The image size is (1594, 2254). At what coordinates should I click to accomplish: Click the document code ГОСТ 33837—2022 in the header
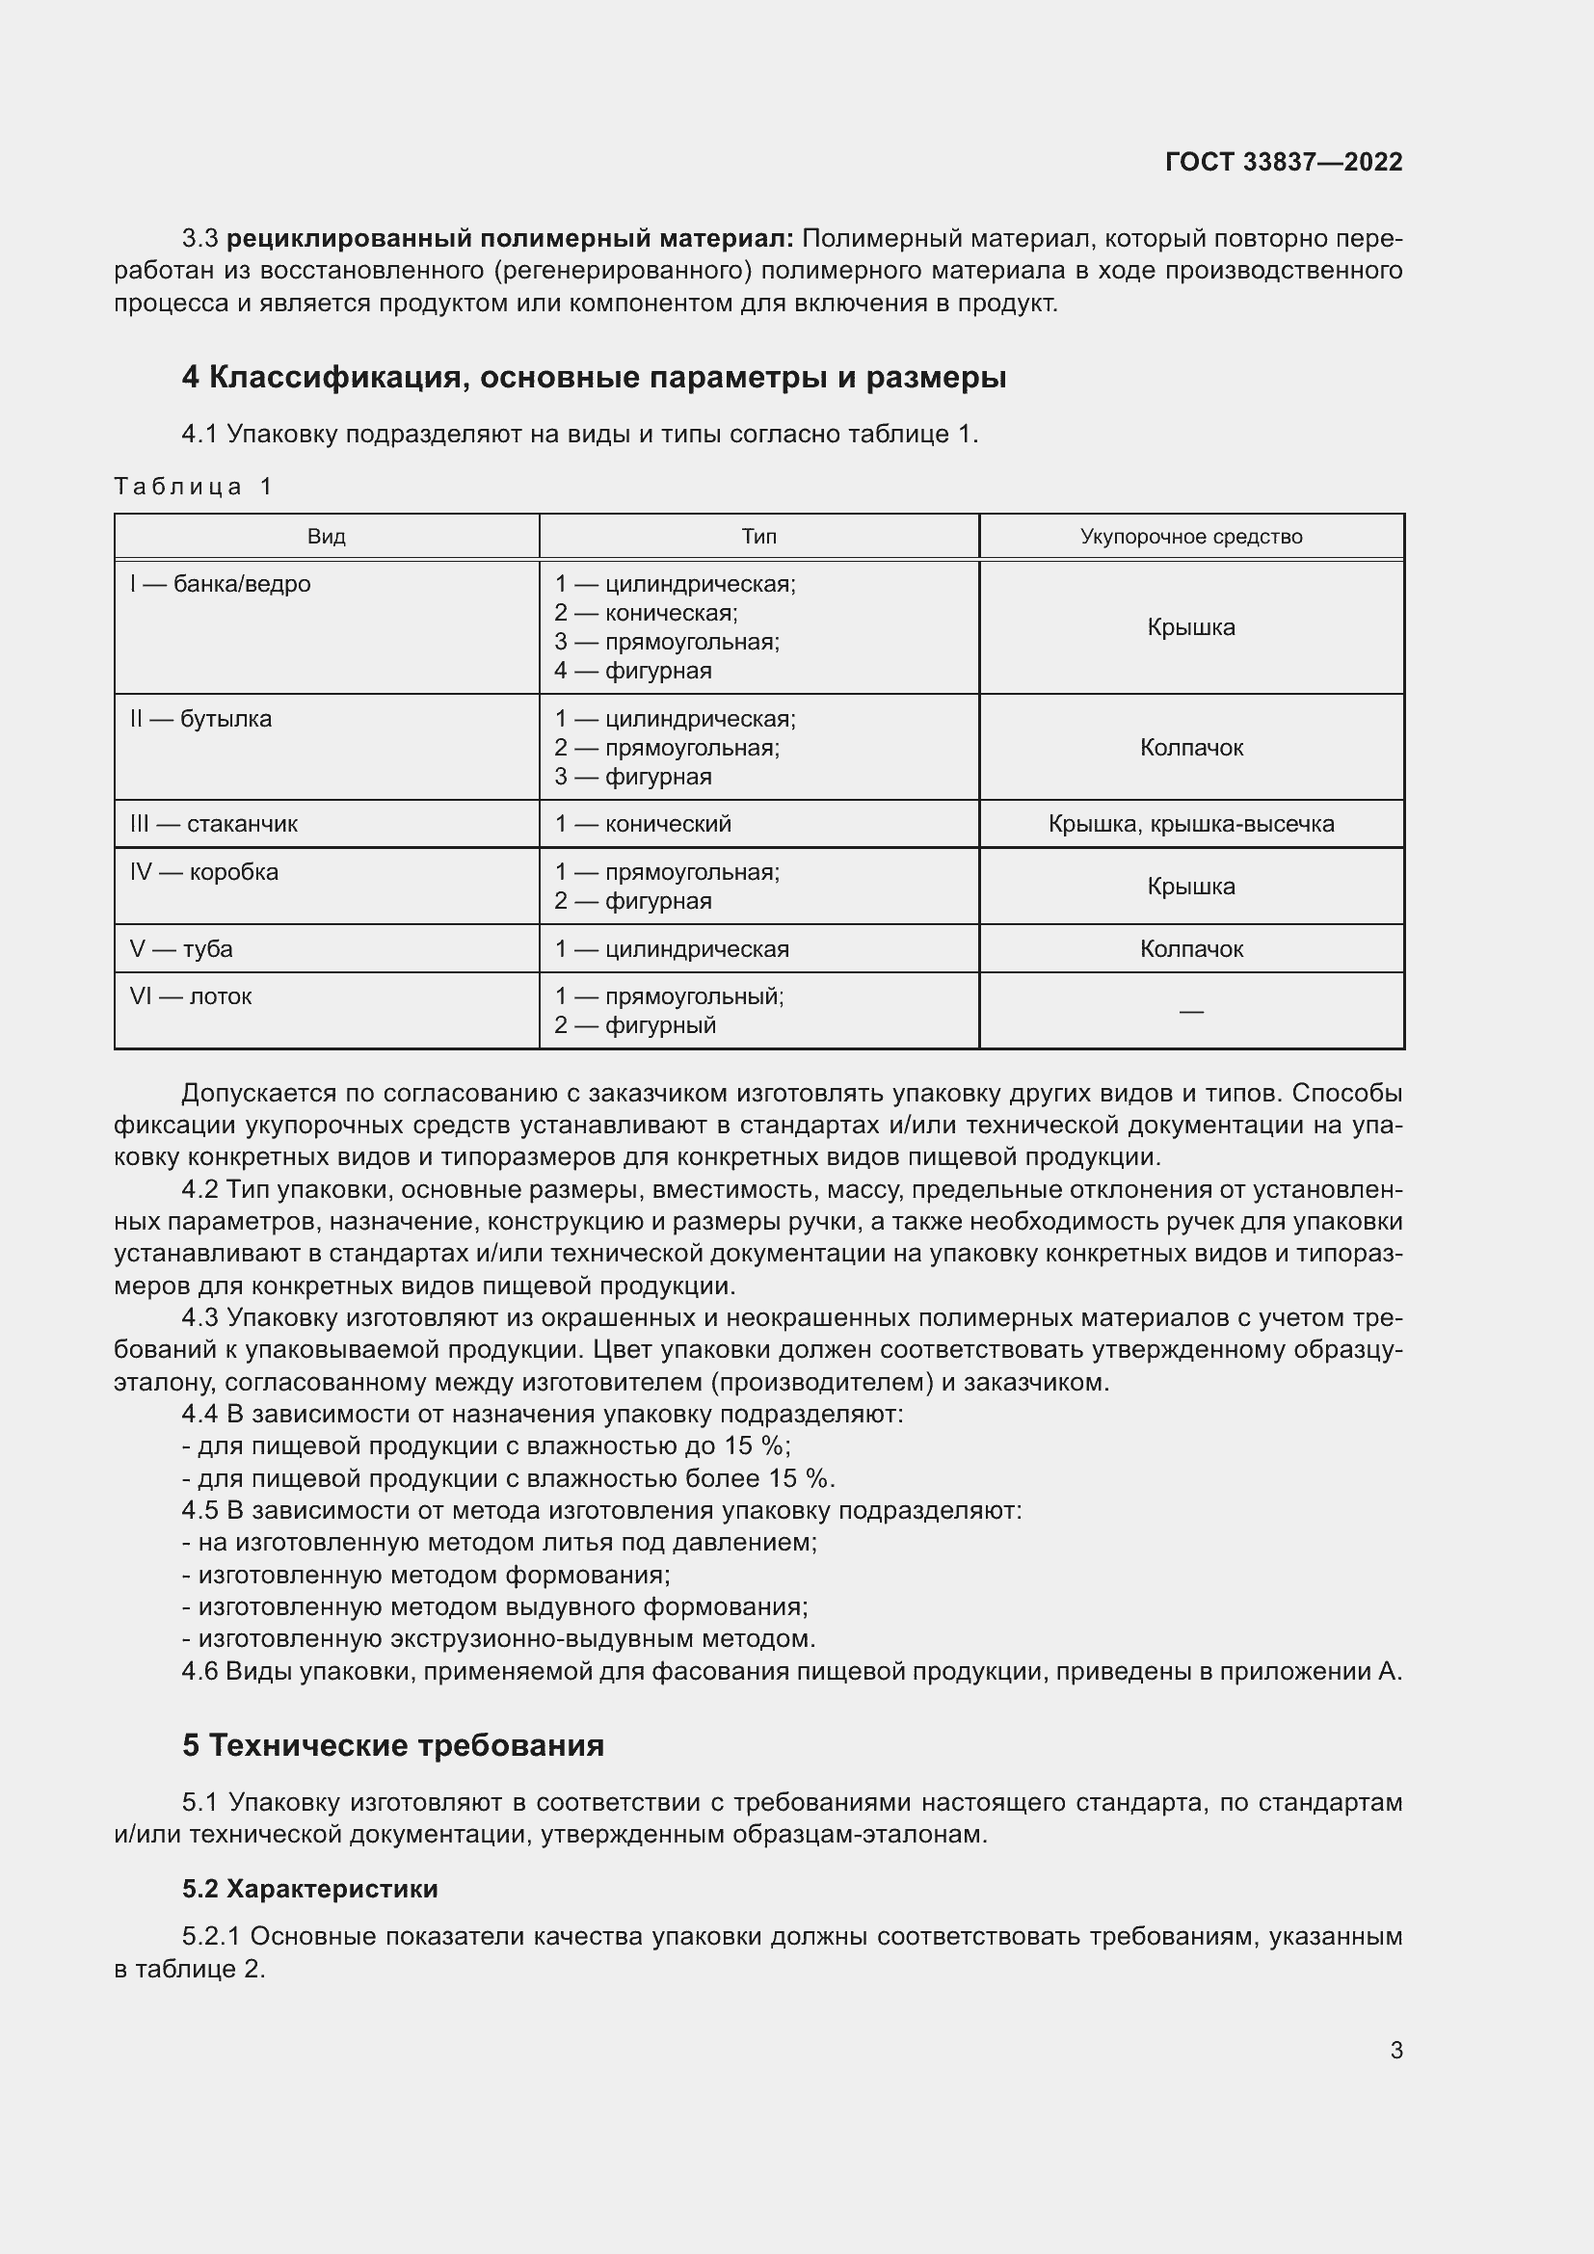point(1283,162)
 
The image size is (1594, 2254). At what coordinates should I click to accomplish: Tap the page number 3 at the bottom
point(1395,2050)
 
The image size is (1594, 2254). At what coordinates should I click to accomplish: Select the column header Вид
point(326,537)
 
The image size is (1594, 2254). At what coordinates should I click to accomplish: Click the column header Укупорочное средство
point(1190,537)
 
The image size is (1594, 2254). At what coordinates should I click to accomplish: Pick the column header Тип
point(758,537)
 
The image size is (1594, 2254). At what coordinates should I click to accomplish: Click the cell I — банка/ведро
point(220,584)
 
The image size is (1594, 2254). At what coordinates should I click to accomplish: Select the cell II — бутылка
point(200,719)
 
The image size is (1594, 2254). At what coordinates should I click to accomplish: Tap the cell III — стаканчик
point(213,824)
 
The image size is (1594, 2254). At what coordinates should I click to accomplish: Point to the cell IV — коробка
point(203,872)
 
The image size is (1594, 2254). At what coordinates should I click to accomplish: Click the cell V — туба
point(180,949)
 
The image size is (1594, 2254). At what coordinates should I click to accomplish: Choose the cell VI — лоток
point(191,996)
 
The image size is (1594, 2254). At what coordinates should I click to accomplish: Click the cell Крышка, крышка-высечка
point(1190,824)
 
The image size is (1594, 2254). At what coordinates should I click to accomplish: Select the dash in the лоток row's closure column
point(1190,1011)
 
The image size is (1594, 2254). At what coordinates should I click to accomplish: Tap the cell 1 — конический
point(643,824)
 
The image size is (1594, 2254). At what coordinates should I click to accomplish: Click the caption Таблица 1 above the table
point(194,486)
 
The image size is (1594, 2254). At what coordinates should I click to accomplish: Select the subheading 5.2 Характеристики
point(310,1889)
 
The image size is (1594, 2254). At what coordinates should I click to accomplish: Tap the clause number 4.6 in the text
point(199,1672)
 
